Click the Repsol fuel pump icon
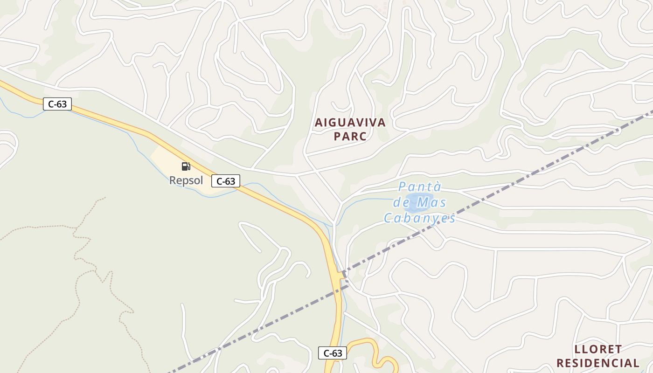point(186,166)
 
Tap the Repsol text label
point(186,180)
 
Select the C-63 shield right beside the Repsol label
point(226,181)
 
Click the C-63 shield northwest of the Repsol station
point(57,104)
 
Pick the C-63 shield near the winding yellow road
point(333,353)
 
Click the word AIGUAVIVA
point(350,123)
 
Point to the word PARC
point(350,137)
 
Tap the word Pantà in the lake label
point(419,187)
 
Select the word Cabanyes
point(419,218)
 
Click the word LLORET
point(598,349)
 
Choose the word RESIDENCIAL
point(598,363)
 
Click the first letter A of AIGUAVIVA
point(319,123)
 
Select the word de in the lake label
point(401,203)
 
